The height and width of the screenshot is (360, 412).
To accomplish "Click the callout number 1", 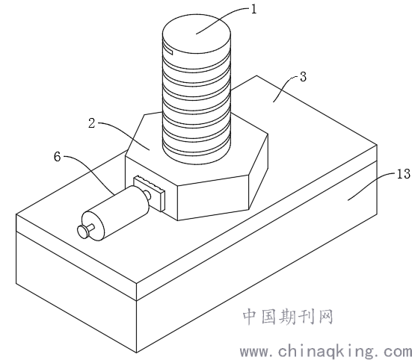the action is click(253, 10).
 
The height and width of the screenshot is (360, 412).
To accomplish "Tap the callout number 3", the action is click(304, 77).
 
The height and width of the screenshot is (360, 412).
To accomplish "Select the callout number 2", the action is click(91, 123).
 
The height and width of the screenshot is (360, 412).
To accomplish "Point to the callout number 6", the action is click(58, 157).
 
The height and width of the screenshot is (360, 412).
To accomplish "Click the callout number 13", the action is click(403, 174).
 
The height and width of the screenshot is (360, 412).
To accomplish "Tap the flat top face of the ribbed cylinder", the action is click(197, 34).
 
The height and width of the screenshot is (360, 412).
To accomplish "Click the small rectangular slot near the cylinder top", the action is click(168, 50).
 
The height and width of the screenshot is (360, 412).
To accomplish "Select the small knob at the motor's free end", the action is click(85, 231).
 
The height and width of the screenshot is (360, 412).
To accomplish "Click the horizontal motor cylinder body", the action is click(116, 213).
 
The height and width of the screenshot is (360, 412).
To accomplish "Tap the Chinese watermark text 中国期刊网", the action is click(288, 317).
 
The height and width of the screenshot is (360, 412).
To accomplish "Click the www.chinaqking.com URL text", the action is click(326, 352).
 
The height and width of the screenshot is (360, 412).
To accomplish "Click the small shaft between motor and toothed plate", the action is click(147, 195).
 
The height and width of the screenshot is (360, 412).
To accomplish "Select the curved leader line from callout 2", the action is click(123, 131).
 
